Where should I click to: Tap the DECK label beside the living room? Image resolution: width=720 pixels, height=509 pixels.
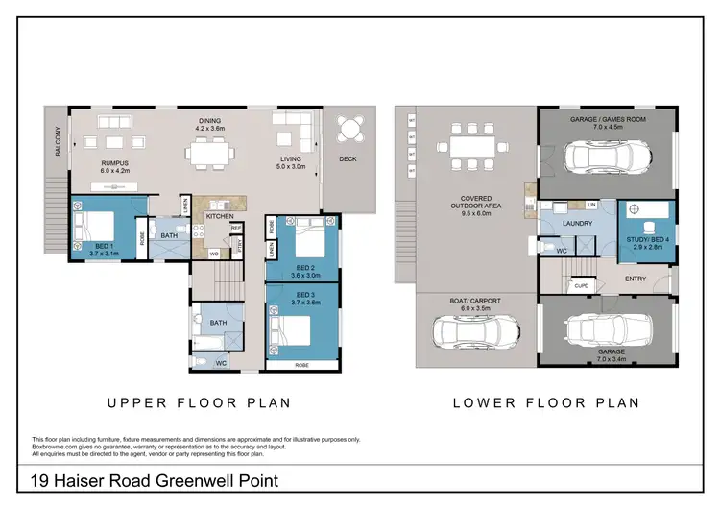pyautogui.click(x=348, y=159)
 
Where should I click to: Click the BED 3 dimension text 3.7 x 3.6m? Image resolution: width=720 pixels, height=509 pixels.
pyautogui.click(x=306, y=303)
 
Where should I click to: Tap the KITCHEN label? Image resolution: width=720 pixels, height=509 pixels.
pyautogui.click(x=218, y=217)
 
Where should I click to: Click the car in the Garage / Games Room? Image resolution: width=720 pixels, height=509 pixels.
pyautogui.click(x=605, y=155)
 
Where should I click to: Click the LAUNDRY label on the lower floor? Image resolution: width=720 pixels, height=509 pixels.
pyautogui.click(x=572, y=224)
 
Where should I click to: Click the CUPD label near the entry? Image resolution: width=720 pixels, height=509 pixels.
pyautogui.click(x=581, y=285)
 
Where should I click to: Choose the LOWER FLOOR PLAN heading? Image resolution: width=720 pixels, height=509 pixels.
pyautogui.click(x=546, y=403)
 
